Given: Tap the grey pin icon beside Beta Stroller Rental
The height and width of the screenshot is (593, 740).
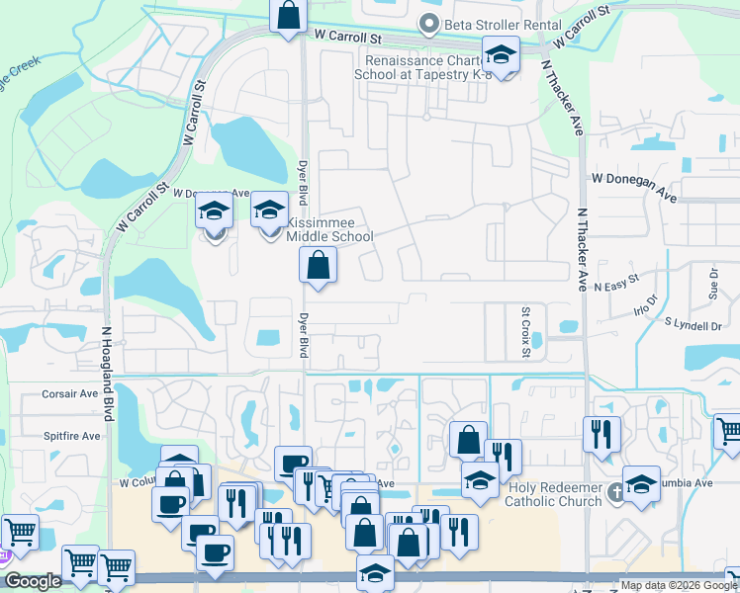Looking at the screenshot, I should (428, 24).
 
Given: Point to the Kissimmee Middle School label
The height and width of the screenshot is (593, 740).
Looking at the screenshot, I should (329, 228).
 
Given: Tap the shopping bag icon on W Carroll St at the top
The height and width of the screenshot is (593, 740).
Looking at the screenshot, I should (288, 16).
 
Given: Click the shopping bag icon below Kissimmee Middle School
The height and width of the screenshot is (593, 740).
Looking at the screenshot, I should (318, 265).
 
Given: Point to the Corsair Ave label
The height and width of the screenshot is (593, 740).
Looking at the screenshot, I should (70, 393).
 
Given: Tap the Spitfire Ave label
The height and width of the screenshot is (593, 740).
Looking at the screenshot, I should (71, 436).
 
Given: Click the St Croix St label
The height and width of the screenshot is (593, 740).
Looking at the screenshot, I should (526, 333).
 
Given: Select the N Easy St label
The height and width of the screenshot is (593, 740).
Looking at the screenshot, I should (619, 285).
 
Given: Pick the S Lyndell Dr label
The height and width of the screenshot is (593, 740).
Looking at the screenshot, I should (694, 324).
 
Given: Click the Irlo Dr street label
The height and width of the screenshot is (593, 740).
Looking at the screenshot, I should (644, 306).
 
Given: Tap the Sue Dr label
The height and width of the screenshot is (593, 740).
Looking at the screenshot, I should (713, 282).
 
